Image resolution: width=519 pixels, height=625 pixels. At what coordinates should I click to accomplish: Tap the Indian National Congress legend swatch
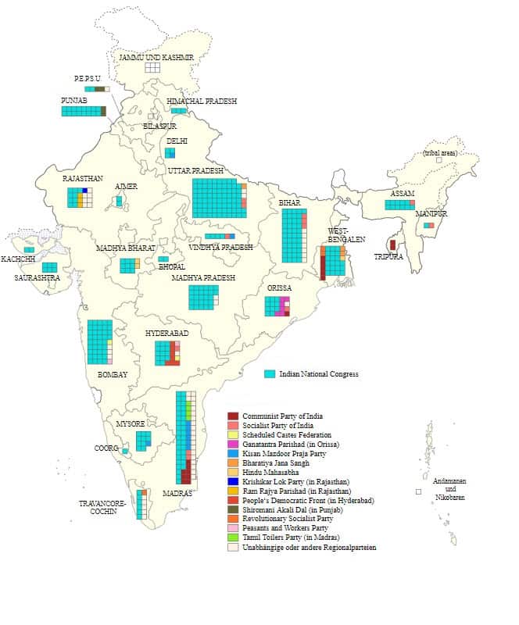[x=270, y=374]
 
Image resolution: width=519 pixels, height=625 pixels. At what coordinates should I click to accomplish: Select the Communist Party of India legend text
[x=282, y=416]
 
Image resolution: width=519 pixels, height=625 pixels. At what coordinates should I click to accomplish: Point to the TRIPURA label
[x=388, y=257]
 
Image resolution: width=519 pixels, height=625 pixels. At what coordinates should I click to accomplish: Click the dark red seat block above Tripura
[x=392, y=245]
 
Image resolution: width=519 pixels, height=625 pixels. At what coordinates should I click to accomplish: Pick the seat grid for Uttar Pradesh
[x=217, y=198]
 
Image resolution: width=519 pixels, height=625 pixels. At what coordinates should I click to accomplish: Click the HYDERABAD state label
[x=166, y=334]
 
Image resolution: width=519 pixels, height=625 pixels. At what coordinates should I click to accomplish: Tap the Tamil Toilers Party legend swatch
[x=232, y=538]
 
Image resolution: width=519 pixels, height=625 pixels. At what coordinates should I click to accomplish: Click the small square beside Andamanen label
[x=418, y=491]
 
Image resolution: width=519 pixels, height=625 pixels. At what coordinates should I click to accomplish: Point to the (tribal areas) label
[x=439, y=153]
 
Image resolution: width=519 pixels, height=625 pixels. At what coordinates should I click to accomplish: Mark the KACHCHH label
[x=17, y=259]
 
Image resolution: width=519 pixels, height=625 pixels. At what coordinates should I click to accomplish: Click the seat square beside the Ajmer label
[x=119, y=201]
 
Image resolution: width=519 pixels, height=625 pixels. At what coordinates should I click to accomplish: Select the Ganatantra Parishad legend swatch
[x=232, y=444]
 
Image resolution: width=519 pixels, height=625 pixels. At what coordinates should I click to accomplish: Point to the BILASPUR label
[x=159, y=126]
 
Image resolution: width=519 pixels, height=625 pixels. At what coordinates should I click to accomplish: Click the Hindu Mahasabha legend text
[x=272, y=473]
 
